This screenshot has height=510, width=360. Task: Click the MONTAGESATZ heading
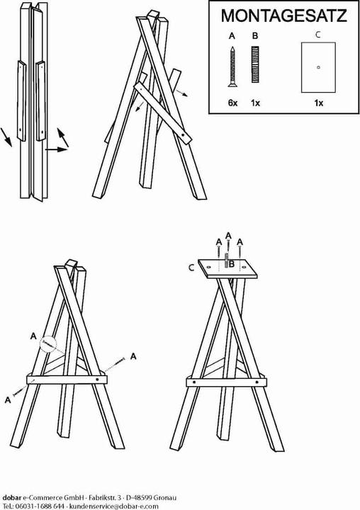click(283, 16)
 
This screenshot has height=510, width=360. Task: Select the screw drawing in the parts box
click(232, 67)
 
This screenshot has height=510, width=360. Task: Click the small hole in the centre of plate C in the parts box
click(319, 67)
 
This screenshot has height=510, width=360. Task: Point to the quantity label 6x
click(232, 103)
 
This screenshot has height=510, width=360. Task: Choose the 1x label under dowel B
click(256, 103)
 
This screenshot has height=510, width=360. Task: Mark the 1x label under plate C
click(319, 103)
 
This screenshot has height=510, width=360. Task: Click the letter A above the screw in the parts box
click(232, 35)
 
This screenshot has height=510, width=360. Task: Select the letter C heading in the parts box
click(318, 33)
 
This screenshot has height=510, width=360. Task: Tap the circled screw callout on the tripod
click(49, 344)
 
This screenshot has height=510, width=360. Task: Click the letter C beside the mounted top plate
click(191, 268)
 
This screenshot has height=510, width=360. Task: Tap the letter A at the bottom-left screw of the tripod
click(8, 400)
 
